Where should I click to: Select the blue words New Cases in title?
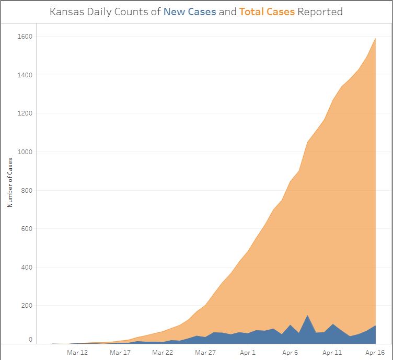coord(190,11)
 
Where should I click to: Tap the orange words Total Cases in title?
coord(267,11)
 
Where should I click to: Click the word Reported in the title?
coord(320,11)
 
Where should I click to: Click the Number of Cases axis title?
coord(10,183)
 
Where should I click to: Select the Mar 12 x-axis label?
coord(77,353)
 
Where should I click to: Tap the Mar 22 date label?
coord(163,353)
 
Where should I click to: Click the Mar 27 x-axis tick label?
coord(205,353)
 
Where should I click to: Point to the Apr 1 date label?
coord(248,353)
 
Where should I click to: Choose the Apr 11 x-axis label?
coord(333,353)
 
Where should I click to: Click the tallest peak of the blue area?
coord(308,316)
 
